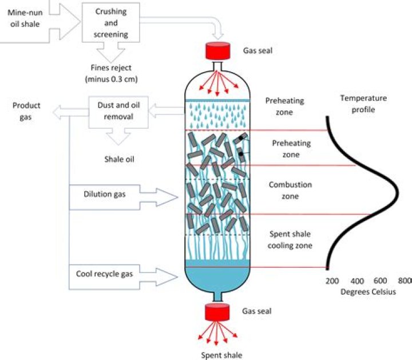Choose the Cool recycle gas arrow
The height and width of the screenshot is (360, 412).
point(120,275)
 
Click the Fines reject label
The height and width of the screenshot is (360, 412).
point(112,68)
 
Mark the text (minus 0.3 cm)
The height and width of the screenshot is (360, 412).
point(112,78)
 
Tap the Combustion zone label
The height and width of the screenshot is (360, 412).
point(290,191)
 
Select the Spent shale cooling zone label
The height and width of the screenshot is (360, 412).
point(290,240)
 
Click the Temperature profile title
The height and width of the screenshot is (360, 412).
point(363,104)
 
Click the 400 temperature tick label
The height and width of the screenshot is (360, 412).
point(356,281)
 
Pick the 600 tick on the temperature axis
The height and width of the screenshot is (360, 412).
point(381,281)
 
